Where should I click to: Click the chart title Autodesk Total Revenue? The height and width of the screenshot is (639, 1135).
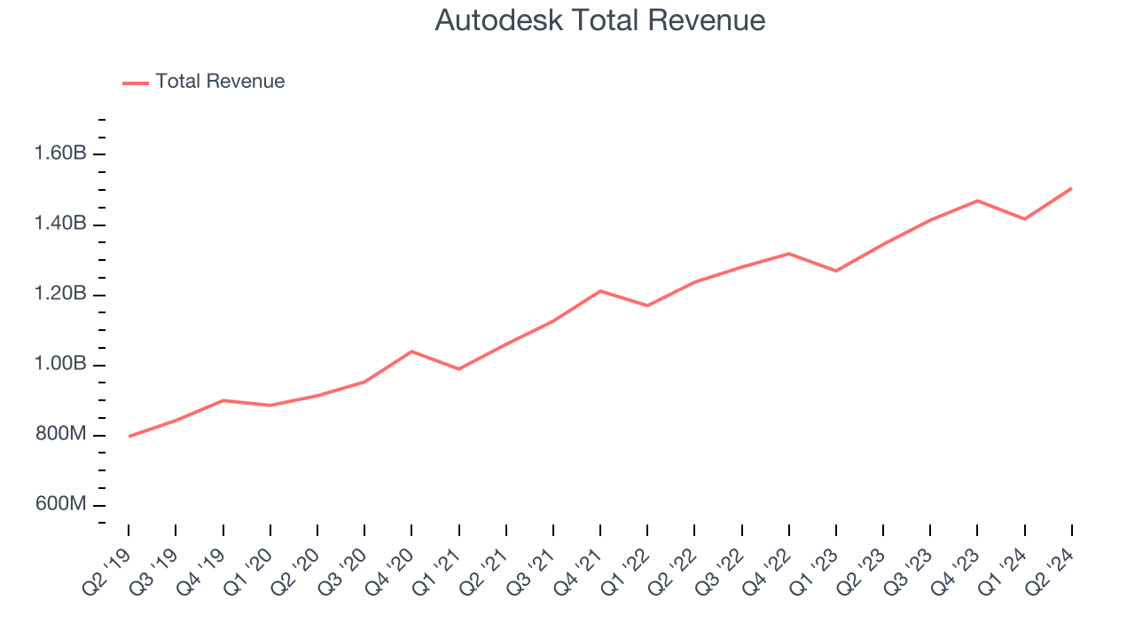pyautogui.click(x=599, y=20)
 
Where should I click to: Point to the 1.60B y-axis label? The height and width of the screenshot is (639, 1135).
pyautogui.click(x=60, y=154)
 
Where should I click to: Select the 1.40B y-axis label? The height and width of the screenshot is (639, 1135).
pyautogui.click(x=60, y=224)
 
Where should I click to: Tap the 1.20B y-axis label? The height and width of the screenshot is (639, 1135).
pyautogui.click(x=60, y=294)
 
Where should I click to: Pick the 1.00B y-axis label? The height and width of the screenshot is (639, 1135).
pyautogui.click(x=60, y=365)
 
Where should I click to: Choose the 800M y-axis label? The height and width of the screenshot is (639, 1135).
pyautogui.click(x=61, y=435)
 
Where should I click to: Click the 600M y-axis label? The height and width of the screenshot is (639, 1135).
pyautogui.click(x=61, y=505)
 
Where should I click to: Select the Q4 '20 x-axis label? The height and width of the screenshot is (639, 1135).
pyautogui.click(x=391, y=569)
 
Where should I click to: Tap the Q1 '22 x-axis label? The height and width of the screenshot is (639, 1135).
pyautogui.click(x=627, y=569)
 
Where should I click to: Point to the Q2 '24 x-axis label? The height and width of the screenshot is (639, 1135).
pyautogui.click(x=1052, y=569)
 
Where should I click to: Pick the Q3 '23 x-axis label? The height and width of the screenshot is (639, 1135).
pyautogui.click(x=910, y=569)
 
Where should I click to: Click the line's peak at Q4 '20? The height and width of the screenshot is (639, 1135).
pyautogui.click(x=411, y=351)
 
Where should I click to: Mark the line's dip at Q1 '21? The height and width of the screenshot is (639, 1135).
pyautogui.click(x=458, y=369)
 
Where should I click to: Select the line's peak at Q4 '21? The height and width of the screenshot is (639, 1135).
pyautogui.click(x=600, y=291)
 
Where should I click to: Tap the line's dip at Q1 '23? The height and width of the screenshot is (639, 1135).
pyautogui.click(x=836, y=271)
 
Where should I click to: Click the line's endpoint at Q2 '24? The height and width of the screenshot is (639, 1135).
pyautogui.click(x=1071, y=188)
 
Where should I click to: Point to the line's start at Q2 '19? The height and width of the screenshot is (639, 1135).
pyautogui.click(x=129, y=437)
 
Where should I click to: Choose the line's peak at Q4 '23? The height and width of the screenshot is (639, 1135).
pyautogui.click(x=977, y=201)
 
